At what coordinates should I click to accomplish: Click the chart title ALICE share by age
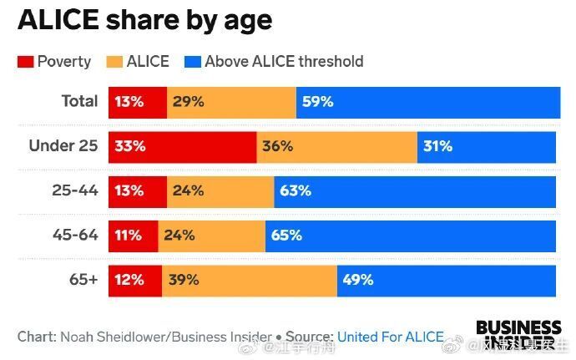tap(145, 20)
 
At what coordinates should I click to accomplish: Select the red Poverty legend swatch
tap(25, 62)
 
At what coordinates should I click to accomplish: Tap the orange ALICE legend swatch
tap(114, 62)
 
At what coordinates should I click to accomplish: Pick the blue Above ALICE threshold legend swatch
tap(193, 62)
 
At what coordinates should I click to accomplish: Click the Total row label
tap(79, 101)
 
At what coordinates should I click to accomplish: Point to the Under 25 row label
tap(63, 145)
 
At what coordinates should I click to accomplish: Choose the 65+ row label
tap(83, 280)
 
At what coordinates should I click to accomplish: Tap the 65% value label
tap(286, 236)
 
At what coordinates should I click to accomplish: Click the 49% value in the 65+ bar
tap(358, 281)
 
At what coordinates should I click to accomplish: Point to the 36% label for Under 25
tap(277, 146)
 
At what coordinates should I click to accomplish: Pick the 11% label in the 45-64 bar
tap(128, 236)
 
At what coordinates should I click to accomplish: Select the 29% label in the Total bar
tap(188, 102)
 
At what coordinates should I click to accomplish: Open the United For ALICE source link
tap(391, 337)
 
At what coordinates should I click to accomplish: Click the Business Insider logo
tap(518, 333)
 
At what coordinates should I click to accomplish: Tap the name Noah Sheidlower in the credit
tap(112, 337)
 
